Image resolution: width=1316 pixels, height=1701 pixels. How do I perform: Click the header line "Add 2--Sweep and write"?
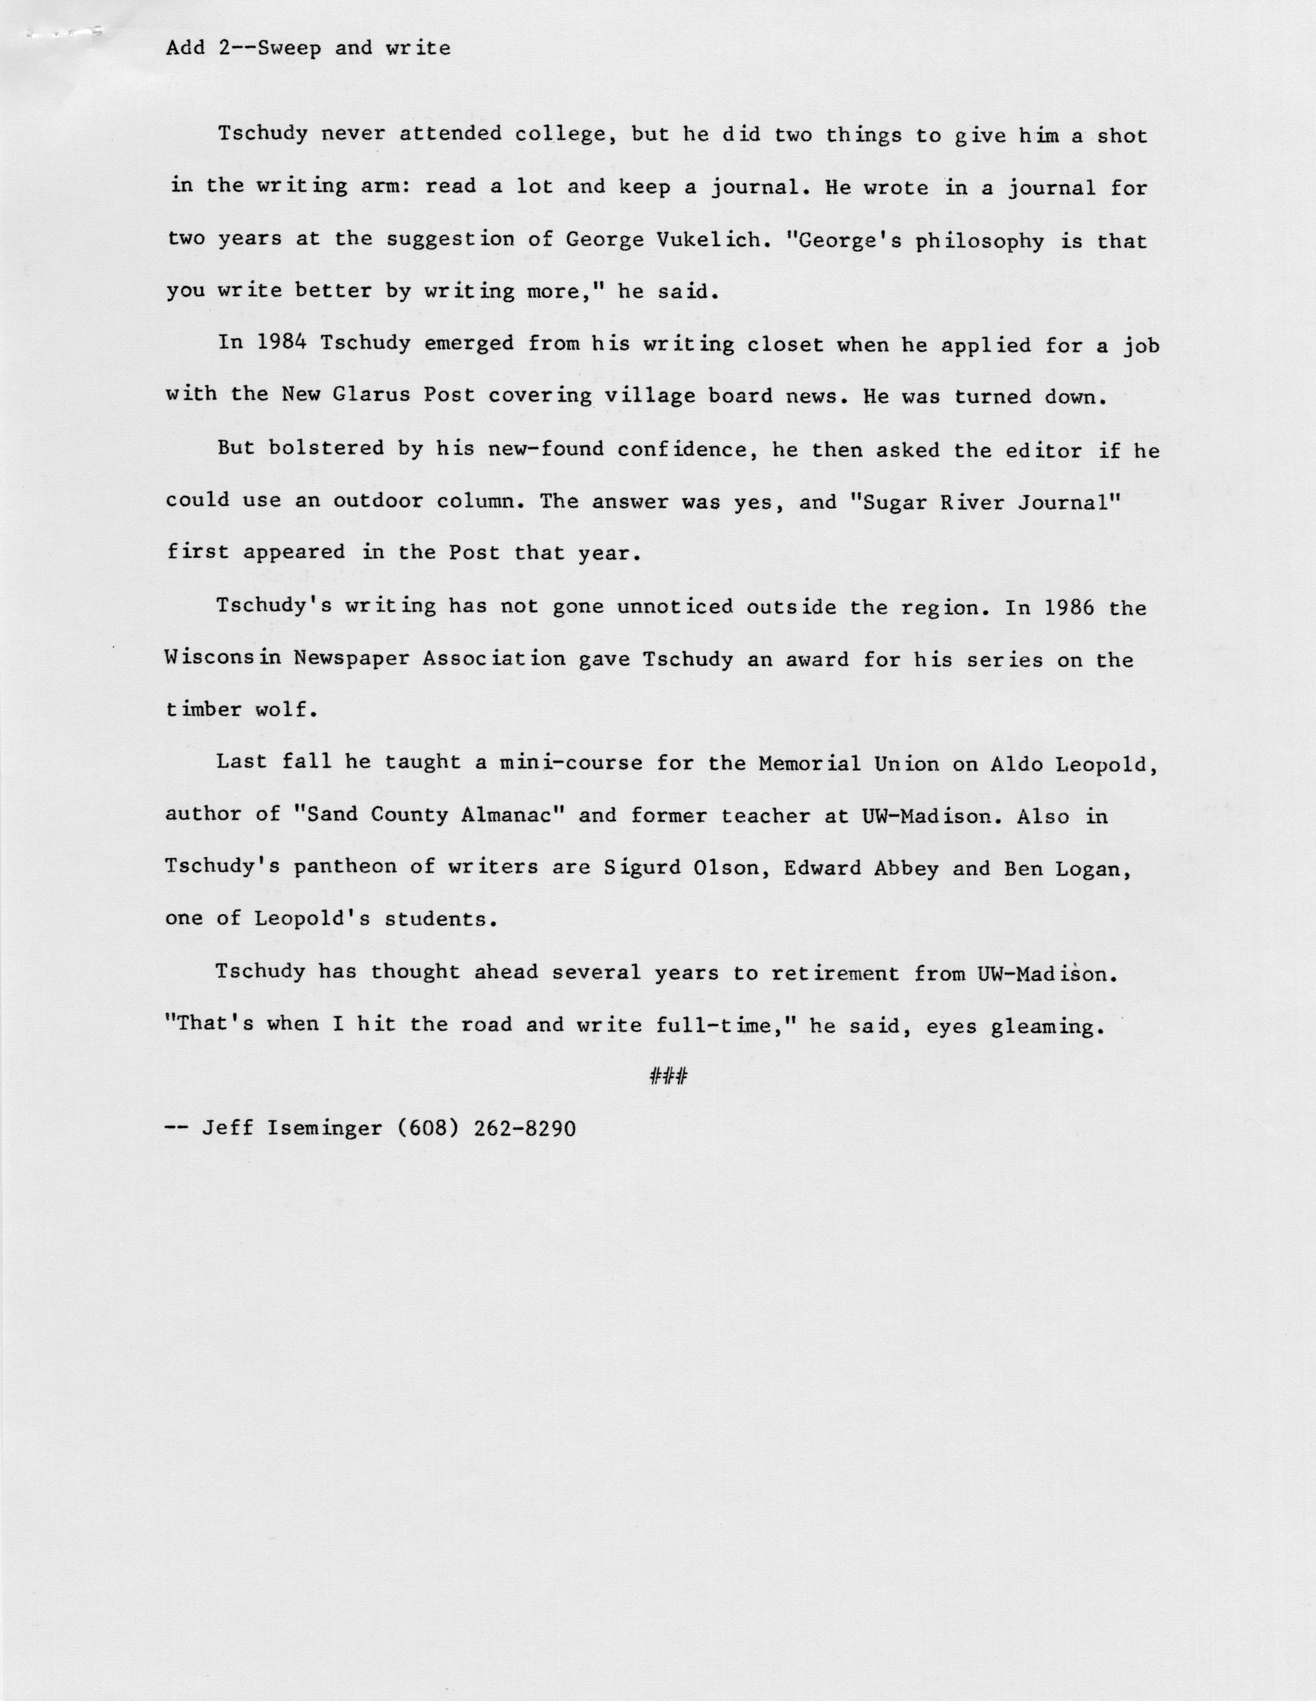[309, 48]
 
